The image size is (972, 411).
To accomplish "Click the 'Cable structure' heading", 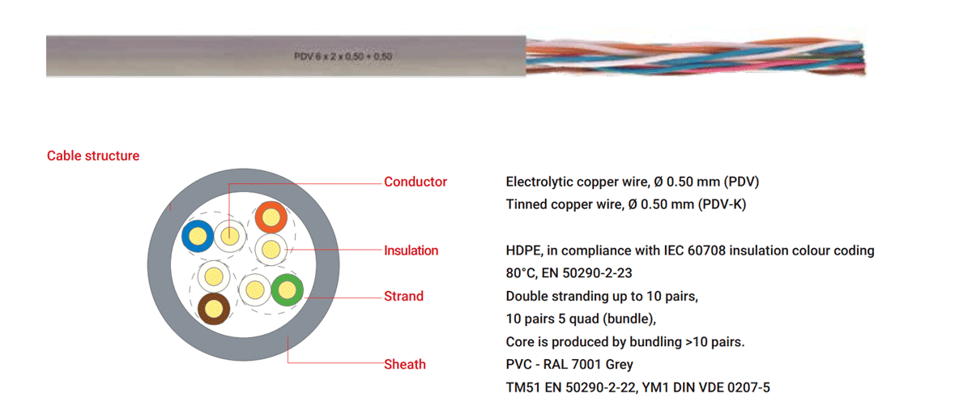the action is point(93,156).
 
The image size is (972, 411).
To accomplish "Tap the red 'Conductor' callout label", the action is point(416,182).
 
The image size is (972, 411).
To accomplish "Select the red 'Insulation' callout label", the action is point(411,250).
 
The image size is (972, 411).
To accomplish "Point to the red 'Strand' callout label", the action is point(403,296).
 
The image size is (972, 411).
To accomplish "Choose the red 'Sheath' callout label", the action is point(405,364).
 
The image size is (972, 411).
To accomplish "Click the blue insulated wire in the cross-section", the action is point(198,236).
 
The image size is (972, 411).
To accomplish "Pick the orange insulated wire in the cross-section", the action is point(271,216).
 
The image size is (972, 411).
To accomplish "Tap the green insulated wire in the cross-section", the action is point(287,289).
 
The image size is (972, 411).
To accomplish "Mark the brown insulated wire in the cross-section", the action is point(214,309).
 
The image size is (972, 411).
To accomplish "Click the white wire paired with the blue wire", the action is point(230,236).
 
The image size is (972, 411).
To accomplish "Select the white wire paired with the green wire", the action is point(254,289).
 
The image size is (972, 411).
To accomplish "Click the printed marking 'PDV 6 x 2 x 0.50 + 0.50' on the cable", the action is point(343,57).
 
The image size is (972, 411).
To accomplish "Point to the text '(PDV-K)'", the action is point(722,204).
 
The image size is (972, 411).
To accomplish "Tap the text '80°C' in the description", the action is point(520,273).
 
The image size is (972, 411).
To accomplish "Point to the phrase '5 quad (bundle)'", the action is point(607,319).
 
